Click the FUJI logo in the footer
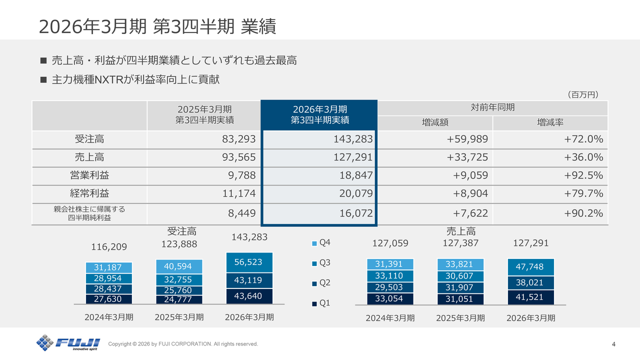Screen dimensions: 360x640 pos(68,343)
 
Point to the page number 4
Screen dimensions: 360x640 pos(613,344)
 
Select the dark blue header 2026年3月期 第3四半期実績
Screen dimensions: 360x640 pos(319,115)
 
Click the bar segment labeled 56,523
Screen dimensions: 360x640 pos(248,262)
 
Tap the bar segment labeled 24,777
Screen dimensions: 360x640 pos(178,300)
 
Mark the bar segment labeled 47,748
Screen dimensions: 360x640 pos(529,267)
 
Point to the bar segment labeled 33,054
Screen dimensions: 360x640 pos(388,299)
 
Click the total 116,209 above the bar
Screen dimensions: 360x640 pos(109,247)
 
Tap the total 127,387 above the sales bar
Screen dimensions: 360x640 pos(460,243)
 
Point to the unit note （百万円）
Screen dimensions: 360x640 pos(582,94)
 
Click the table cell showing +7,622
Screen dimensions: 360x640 pos(470,213)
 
